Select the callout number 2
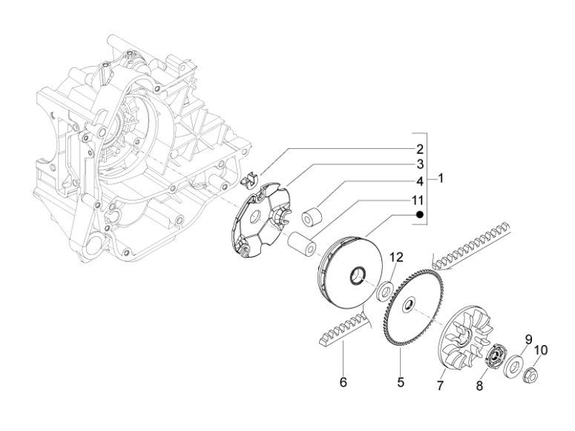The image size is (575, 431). pos(419,148)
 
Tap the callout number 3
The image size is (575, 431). pos(419,164)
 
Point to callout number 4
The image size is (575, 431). pos(419,181)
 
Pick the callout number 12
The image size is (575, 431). pos(397,258)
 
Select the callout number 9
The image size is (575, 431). pos(529,339)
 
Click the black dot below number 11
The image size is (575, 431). pos(419,214)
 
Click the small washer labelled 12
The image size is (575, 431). pos(385,289)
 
